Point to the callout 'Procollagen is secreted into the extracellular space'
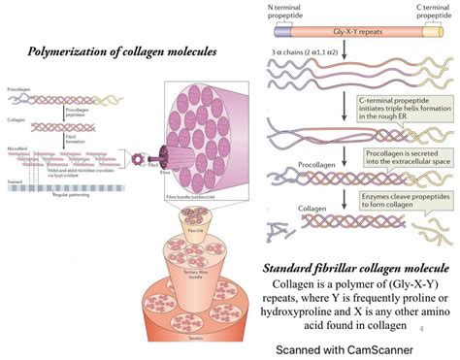point(400,160)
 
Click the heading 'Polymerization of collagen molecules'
point(122,50)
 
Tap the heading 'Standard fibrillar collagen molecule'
point(356,241)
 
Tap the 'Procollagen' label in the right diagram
point(292,165)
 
